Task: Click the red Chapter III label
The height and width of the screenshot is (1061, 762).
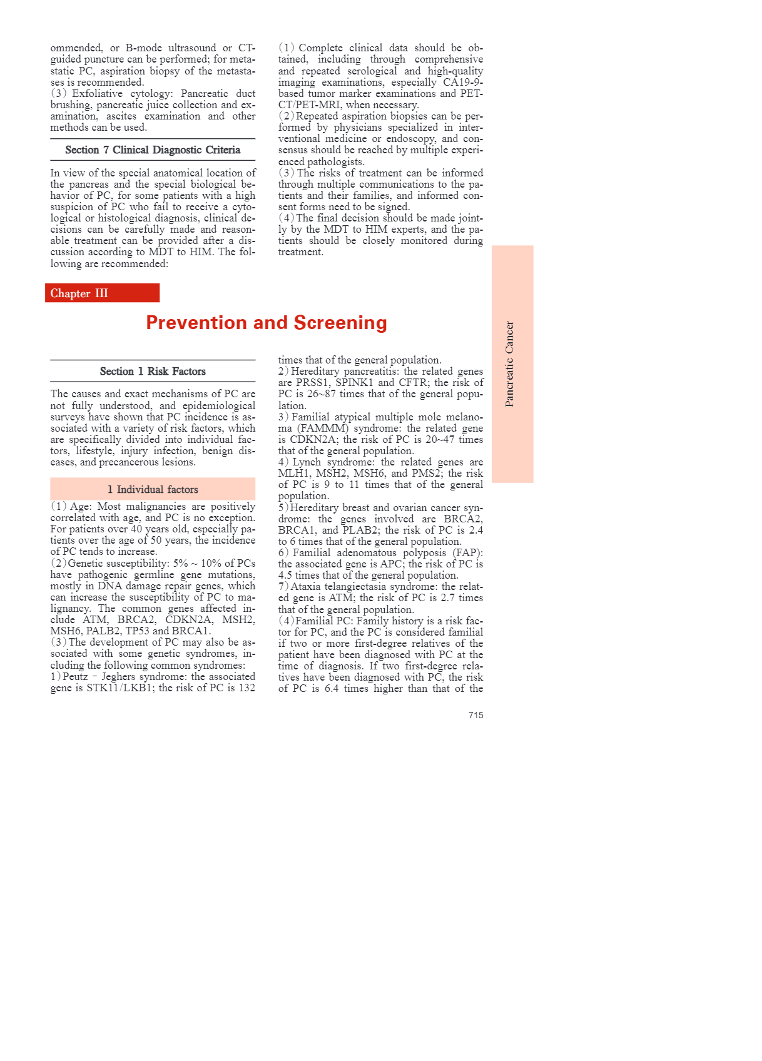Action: tap(79, 293)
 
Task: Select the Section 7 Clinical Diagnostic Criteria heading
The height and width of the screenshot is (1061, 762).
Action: tap(153, 150)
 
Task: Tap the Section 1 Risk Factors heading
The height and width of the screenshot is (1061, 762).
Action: tap(153, 372)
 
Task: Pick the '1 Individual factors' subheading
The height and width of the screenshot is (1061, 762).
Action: tap(153, 490)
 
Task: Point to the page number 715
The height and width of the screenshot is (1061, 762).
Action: tap(475, 715)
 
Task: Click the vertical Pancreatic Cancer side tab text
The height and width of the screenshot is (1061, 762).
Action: tap(510, 364)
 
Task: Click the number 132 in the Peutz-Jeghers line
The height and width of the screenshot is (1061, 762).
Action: tap(246, 688)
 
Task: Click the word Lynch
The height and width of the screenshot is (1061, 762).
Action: tap(307, 462)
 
